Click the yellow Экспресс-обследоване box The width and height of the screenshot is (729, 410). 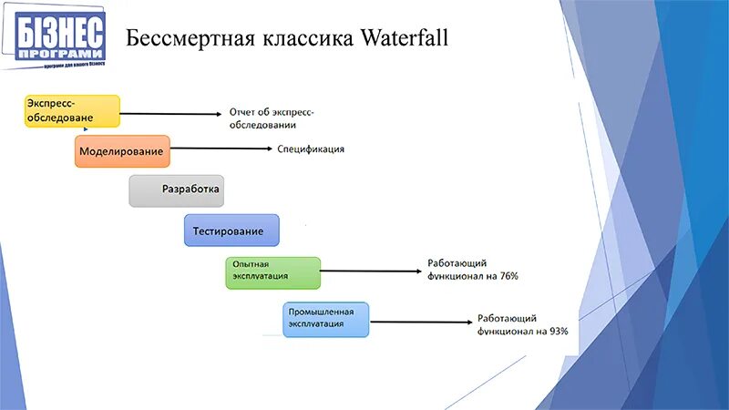72,109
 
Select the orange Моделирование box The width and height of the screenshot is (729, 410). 122,150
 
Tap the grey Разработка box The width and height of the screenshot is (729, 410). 176,190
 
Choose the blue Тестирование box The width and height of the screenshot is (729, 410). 231,231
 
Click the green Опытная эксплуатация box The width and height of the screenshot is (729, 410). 273,272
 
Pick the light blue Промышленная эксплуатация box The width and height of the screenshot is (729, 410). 325,319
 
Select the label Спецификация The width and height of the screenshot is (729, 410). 311,149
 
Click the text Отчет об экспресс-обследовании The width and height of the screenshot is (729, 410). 271,118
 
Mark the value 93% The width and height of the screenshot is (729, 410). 558,332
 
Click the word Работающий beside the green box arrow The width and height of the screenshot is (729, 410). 454,263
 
